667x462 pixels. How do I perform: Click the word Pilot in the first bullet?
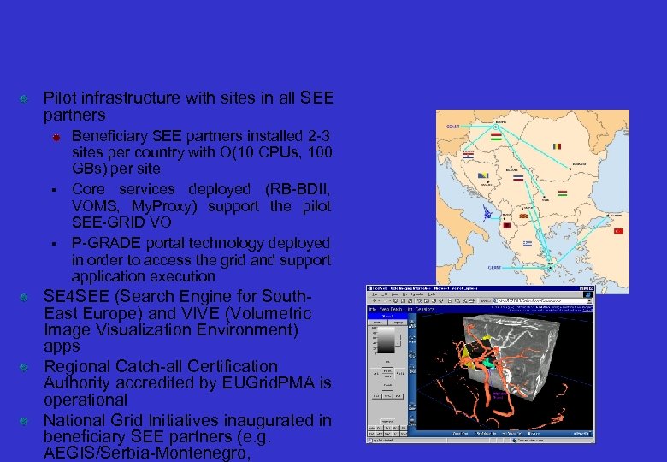pyautogui.click(x=59, y=98)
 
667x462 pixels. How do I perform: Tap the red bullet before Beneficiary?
pyautogui.click(x=54, y=137)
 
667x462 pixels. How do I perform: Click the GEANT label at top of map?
pyautogui.click(x=452, y=126)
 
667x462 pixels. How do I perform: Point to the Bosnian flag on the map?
pyautogui.click(x=484, y=176)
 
